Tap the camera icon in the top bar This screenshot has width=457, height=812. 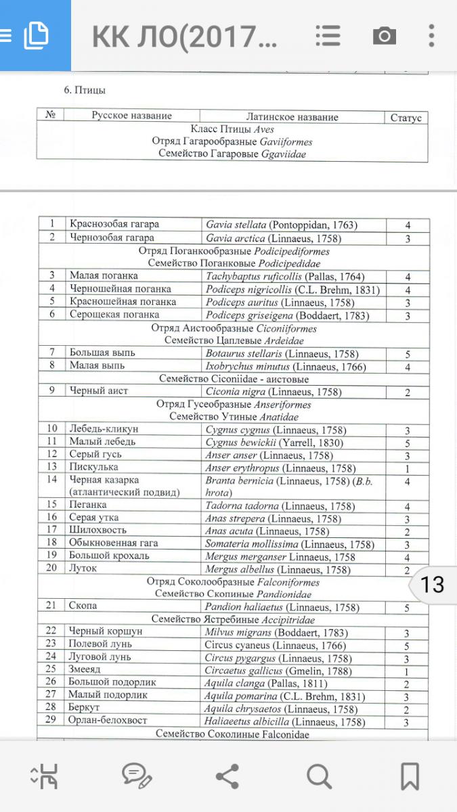click(x=384, y=35)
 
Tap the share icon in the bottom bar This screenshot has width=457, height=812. click(x=227, y=776)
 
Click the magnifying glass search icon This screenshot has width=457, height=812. click(x=318, y=776)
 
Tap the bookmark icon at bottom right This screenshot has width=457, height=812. click(x=410, y=776)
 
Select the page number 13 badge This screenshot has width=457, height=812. click(x=433, y=584)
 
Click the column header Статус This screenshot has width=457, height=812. click(x=406, y=118)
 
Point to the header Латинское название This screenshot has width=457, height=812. click(x=292, y=117)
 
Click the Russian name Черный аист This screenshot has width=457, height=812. click(x=98, y=391)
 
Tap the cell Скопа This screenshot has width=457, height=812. click(x=83, y=606)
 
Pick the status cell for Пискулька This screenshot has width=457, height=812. click(x=408, y=469)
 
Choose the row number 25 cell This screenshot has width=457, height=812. click(x=51, y=669)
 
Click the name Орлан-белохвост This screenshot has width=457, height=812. click(x=108, y=721)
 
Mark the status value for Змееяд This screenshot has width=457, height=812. click(x=408, y=671)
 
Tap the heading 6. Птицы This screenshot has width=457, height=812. click(x=85, y=90)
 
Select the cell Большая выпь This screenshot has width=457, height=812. click(x=102, y=353)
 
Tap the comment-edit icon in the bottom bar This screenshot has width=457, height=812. click(x=137, y=776)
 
